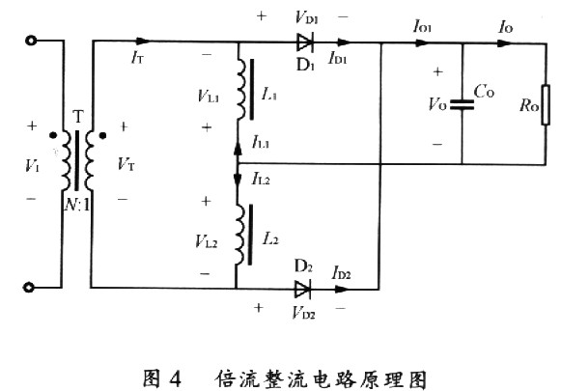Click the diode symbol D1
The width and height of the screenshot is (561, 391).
tap(305, 42)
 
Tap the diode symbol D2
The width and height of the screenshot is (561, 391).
tap(302, 289)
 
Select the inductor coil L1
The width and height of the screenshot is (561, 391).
tap(241, 89)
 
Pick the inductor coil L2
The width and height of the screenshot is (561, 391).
tap(240, 235)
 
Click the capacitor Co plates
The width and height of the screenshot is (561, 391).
tap(462, 104)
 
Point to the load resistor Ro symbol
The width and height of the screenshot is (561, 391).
tap(546, 105)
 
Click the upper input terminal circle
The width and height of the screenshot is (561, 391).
tap(31, 41)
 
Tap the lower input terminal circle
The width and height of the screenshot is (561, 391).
tap(29, 287)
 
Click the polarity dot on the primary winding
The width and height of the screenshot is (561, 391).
tap(53, 135)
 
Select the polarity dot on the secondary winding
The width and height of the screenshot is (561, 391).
tap(102, 135)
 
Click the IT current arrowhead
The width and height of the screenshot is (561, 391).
tap(144, 42)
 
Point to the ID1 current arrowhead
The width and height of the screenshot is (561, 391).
tap(344, 42)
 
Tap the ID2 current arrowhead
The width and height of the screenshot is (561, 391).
tap(342, 289)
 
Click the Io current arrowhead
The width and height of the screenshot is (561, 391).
tap(505, 43)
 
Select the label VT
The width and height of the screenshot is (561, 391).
tap(126, 164)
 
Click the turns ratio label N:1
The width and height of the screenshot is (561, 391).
tap(77, 205)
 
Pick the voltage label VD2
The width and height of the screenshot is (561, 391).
tap(303, 312)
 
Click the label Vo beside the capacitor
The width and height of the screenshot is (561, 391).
tap(437, 104)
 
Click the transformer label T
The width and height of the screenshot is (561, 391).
tap(78, 117)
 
